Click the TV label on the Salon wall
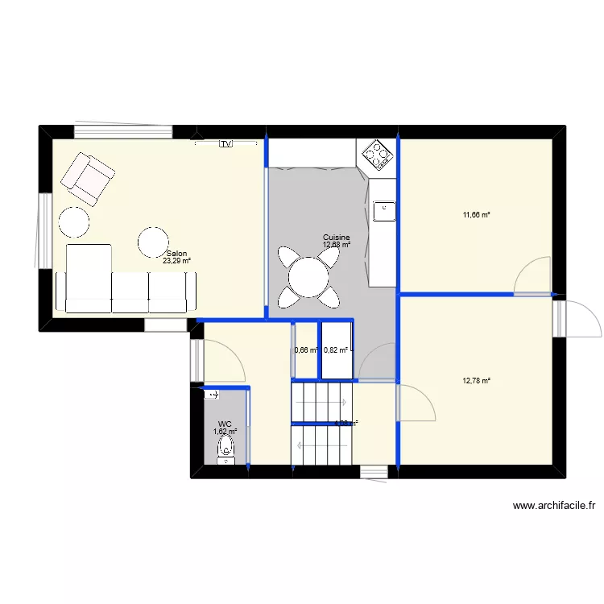point(225,143)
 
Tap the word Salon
point(176,253)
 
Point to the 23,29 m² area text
point(176,261)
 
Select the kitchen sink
point(384,210)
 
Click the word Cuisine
point(337,238)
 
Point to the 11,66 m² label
point(476,215)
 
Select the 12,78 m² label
point(476,381)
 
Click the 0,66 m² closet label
point(307,350)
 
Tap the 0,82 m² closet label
point(336,350)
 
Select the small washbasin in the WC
point(212,395)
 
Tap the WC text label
point(225,424)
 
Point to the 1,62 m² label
point(225,432)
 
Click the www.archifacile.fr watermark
point(554,507)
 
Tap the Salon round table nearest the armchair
point(73,221)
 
